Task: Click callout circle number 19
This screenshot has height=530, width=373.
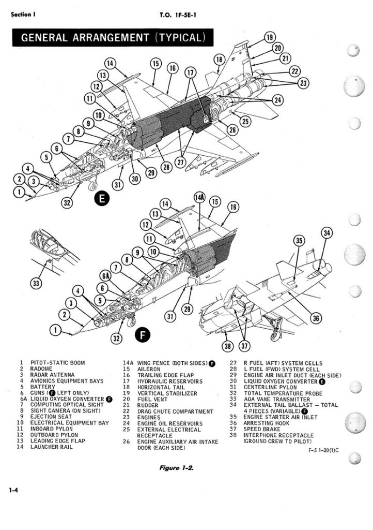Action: [x=269, y=37]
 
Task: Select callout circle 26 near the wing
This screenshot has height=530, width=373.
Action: [x=232, y=129]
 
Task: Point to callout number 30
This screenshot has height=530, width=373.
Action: [x=135, y=178]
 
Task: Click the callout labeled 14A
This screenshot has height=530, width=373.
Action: [x=199, y=198]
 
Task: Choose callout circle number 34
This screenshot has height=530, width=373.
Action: [x=327, y=234]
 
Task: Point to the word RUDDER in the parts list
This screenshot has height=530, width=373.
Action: [x=148, y=405]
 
